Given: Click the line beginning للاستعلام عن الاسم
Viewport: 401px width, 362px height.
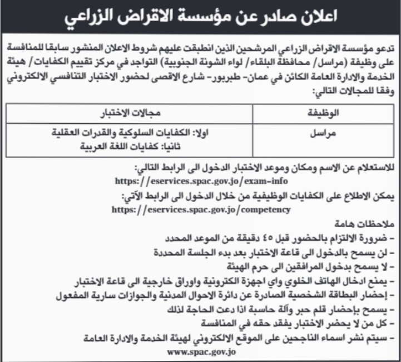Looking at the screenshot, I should click(x=265, y=167).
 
